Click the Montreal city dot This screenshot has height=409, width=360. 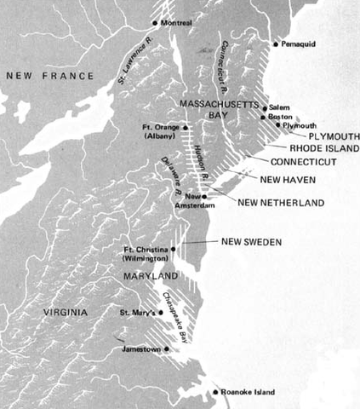[154, 22]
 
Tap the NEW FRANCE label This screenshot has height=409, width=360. [49, 76]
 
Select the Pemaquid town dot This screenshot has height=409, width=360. [275, 43]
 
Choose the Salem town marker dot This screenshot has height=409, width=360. [264, 107]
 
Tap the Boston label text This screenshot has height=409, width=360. [280, 117]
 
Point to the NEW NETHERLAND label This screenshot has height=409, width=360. [281, 203]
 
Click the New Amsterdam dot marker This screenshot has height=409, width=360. [203, 196]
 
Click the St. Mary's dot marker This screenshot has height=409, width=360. [160, 313]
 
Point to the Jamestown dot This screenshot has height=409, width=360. [167, 348]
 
